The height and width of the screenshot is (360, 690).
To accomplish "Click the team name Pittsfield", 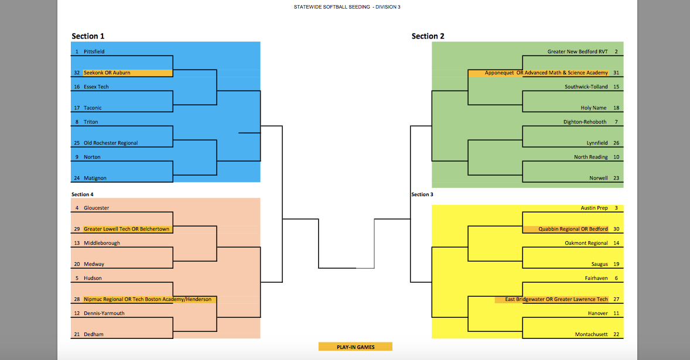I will (x=94, y=52).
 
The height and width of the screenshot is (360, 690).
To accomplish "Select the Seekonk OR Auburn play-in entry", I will (x=107, y=73).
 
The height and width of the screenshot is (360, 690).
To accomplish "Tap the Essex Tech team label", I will (x=96, y=87).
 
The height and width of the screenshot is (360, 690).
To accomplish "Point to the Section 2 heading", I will (x=428, y=36).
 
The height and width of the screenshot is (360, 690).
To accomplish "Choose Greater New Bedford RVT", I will (x=578, y=52).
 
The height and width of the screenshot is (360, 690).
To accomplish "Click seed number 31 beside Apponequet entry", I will (x=616, y=73).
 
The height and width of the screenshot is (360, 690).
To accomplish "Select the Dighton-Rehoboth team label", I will (x=585, y=122).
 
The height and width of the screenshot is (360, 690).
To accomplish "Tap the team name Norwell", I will (x=599, y=178).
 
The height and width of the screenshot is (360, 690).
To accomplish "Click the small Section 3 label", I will (x=422, y=194).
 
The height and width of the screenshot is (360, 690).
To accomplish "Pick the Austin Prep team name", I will (x=595, y=208).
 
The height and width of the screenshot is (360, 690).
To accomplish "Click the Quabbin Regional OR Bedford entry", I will (x=573, y=229).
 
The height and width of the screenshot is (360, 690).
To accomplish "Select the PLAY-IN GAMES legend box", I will (x=355, y=347).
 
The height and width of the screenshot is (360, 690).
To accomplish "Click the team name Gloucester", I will (x=97, y=208).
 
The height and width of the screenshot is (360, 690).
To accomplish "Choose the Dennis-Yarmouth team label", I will (x=104, y=313).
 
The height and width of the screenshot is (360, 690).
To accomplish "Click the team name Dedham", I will (x=94, y=334).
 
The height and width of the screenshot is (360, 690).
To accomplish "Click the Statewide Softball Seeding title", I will (x=347, y=7).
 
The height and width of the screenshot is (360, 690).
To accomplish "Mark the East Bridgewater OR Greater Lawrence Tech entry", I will (x=556, y=299).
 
